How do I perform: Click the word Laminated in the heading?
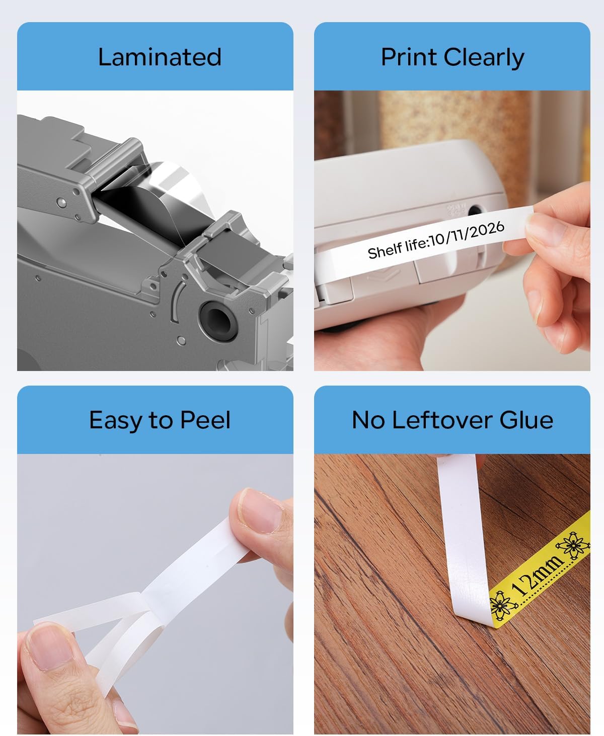pyautogui.click(x=160, y=57)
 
